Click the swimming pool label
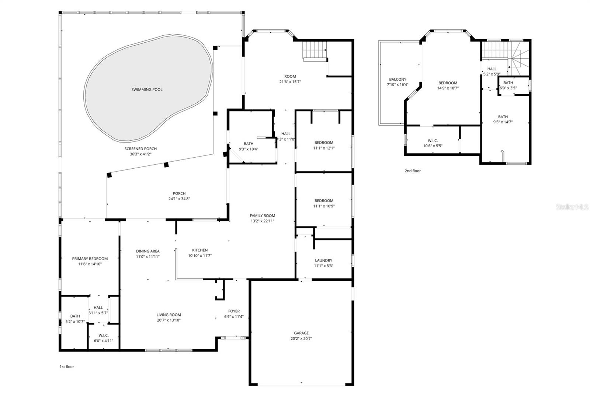point(147,90)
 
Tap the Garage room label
point(301,333)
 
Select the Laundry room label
point(323,260)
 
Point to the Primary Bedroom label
point(90,259)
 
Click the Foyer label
point(234,311)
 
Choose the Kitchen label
point(200,250)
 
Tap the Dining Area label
point(147,251)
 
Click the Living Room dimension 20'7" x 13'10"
point(169,320)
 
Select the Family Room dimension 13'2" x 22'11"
point(262,221)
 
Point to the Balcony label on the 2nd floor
point(398,79)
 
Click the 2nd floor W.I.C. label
point(433,141)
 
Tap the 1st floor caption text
point(67,366)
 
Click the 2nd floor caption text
point(413,171)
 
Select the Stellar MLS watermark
point(572,207)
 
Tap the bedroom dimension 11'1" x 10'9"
point(324,206)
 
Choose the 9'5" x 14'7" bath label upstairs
point(503,122)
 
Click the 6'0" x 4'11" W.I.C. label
point(103,341)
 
